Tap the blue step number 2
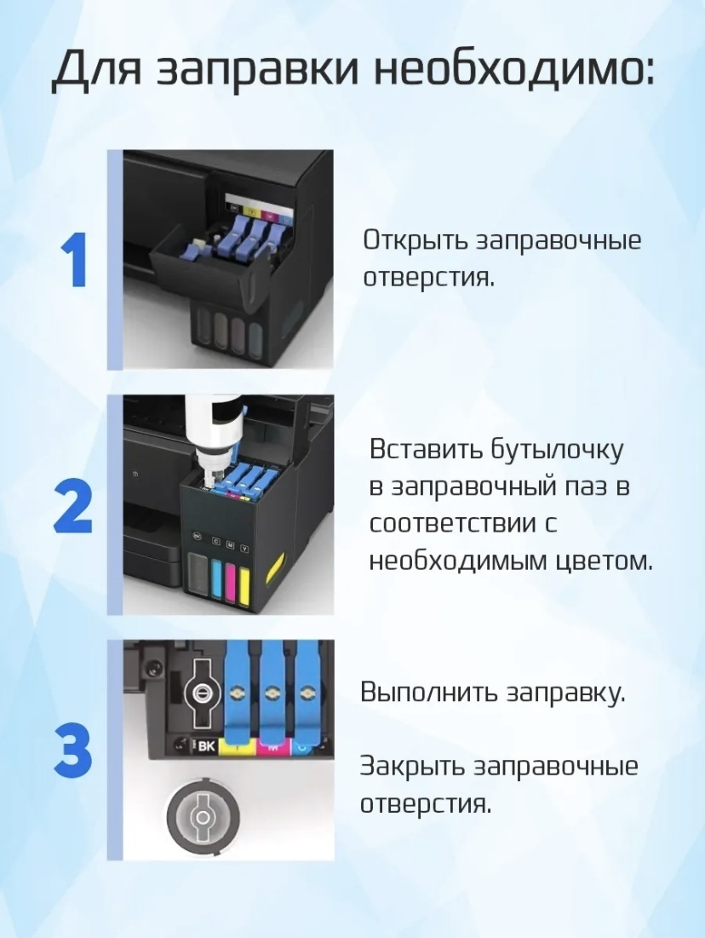pos(73,507)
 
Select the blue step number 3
pos(73,751)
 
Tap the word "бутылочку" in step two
pos(557,451)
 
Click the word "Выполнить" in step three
pos(428,693)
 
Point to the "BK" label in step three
pos(205,746)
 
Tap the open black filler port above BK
pos(203,693)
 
